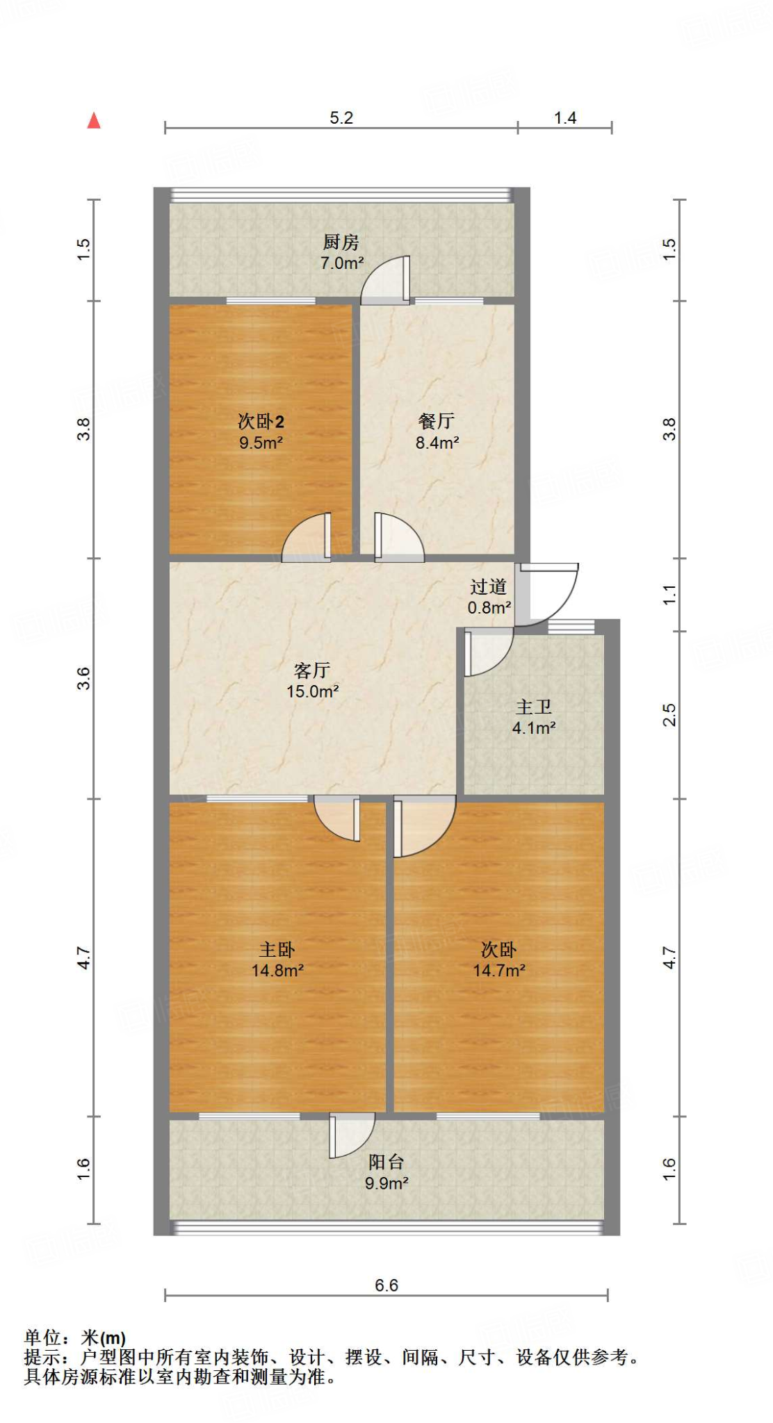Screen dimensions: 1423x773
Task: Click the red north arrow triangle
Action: (94, 122)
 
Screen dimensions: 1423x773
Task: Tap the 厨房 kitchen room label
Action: (341, 242)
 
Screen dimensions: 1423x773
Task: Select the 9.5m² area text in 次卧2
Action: (261, 443)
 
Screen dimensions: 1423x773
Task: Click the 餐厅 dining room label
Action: (437, 420)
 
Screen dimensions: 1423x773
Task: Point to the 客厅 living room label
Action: (312, 670)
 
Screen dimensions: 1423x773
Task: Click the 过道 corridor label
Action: (489, 586)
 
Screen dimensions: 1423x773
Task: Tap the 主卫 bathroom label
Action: (534, 707)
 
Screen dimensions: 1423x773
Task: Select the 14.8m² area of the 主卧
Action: (277, 971)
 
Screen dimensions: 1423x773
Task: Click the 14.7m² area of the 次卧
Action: (499, 971)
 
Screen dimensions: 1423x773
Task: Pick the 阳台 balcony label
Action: (386, 1161)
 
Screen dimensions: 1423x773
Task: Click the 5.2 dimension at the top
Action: (341, 118)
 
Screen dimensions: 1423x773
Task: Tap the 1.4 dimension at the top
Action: (565, 118)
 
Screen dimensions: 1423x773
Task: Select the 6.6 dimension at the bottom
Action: (386, 1285)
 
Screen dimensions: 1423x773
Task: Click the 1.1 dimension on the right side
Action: (669, 595)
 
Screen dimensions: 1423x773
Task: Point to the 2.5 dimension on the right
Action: (669, 715)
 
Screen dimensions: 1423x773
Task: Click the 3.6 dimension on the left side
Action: (84, 678)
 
